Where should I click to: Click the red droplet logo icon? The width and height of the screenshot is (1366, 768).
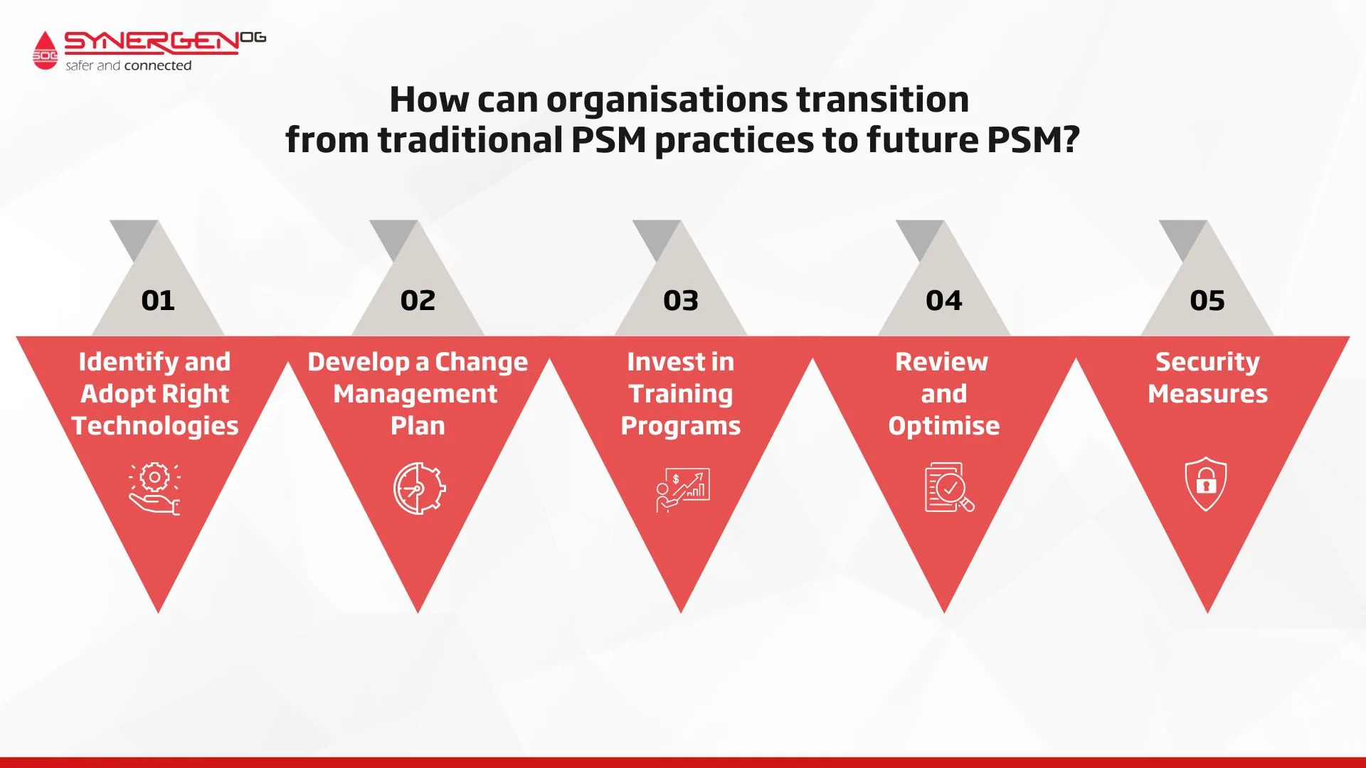click(x=45, y=50)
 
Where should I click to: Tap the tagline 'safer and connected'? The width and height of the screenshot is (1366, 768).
click(x=129, y=65)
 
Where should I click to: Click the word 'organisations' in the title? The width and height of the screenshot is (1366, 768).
click(x=667, y=100)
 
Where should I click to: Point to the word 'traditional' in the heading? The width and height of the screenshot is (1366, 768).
click(x=470, y=139)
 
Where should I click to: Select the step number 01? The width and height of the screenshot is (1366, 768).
click(x=158, y=300)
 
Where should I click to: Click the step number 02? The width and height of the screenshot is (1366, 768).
click(x=418, y=300)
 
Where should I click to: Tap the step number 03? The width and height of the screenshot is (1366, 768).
click(x=681, y=300)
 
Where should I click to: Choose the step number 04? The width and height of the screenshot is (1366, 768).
click(x=944, y=300)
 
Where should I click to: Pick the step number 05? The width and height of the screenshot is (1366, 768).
click(x=1207, y=300)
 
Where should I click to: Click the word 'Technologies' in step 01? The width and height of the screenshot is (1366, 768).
click(x=155, y=426)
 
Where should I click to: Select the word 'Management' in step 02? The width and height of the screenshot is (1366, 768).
click(x=415, y=394)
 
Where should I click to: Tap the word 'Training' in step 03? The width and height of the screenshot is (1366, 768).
click(x=681, y=394)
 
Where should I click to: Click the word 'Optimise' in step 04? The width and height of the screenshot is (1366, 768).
click(x=944, y=426)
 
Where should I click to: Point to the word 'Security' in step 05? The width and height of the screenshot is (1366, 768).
click(x=1207, y=362)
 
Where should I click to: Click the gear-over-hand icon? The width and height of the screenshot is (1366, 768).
click(x=154, y=489)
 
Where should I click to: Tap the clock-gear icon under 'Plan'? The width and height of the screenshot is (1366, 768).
click(x=420, y=489)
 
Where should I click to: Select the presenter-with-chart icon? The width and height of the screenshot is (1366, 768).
click(x=682, y=490)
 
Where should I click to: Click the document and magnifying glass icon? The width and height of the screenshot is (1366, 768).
click(x=949, y=488)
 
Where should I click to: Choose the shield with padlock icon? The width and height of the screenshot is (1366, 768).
click(x=1206, y=484)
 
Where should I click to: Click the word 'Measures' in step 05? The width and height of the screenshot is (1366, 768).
click(x=1208, y=394)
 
